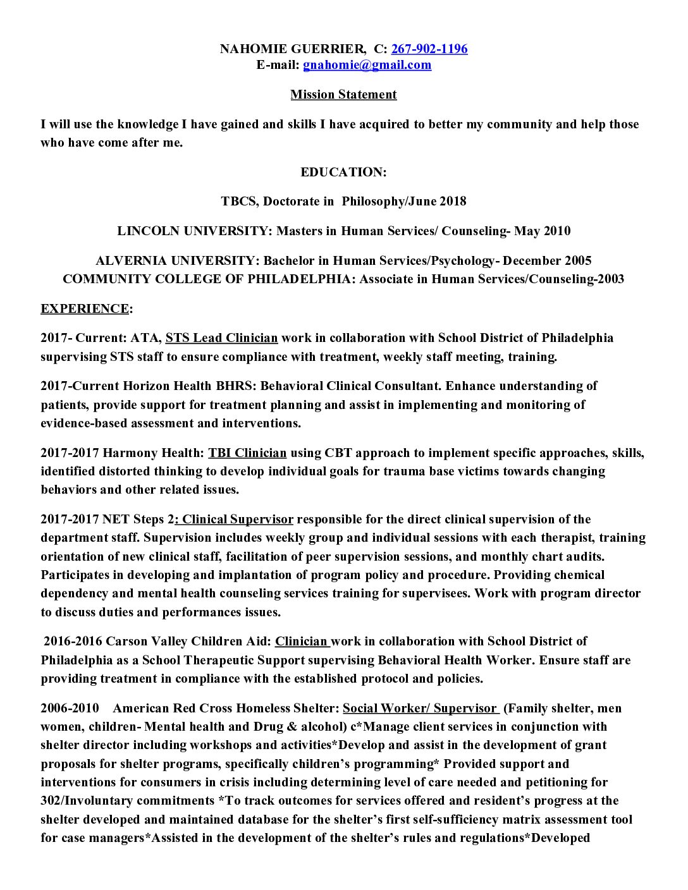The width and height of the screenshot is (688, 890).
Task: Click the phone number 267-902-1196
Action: point(429,49)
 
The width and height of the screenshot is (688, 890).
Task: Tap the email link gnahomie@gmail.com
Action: point(367,64)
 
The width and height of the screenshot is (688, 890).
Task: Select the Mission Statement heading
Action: point(343,94)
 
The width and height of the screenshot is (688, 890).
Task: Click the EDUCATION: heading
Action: point(343,172)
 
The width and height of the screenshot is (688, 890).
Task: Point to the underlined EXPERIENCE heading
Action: point(85,308)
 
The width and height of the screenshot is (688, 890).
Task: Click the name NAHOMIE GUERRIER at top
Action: point(292,49)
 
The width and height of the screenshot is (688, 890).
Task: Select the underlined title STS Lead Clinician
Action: point(221,338)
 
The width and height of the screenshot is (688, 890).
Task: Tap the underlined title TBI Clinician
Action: point(247,453)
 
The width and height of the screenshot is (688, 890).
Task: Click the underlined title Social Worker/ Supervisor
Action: point(420,708)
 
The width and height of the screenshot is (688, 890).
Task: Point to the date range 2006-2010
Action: point(70,708)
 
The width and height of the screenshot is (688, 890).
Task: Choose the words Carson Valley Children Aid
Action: point(189,642)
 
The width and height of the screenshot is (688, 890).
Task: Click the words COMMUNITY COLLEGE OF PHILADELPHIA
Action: point(206,279)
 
